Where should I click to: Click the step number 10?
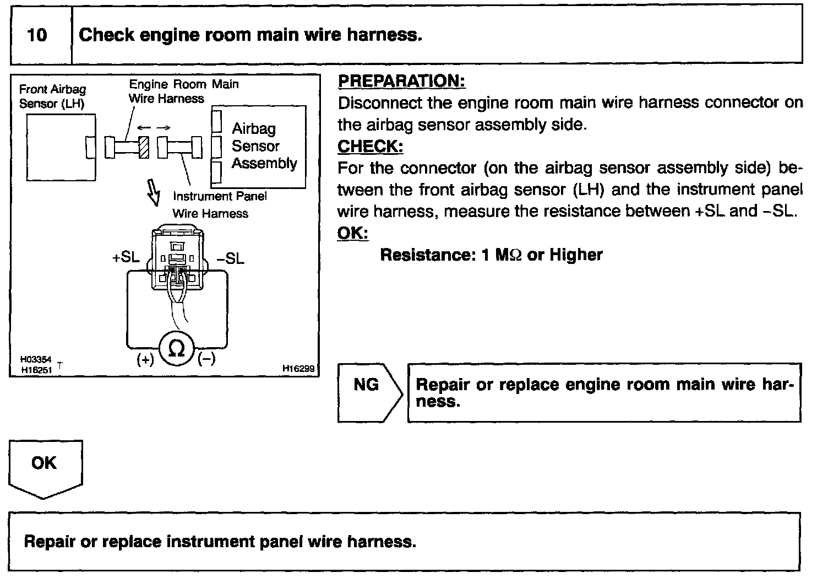tap(37, 35)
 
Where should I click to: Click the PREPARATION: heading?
tap(401, 81)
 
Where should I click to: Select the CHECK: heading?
tap(370, 147)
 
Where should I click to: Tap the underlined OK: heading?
tap(352, 233)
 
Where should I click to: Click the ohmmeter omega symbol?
tap(176, 348)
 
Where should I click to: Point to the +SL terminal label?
tap(126, 257)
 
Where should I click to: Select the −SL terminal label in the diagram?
tap(230, 258)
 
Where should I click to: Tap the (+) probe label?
tap(145, 360)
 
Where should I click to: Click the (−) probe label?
tap(206, 358)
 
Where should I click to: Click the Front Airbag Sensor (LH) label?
tap(52, 96)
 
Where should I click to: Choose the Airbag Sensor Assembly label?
tap(264, 146)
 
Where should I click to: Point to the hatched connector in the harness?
tap(144, 147)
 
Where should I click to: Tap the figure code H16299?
tap(298, 368)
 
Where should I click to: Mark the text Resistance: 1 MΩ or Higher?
tap(491, 255)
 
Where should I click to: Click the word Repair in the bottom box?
tap(50, 542)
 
